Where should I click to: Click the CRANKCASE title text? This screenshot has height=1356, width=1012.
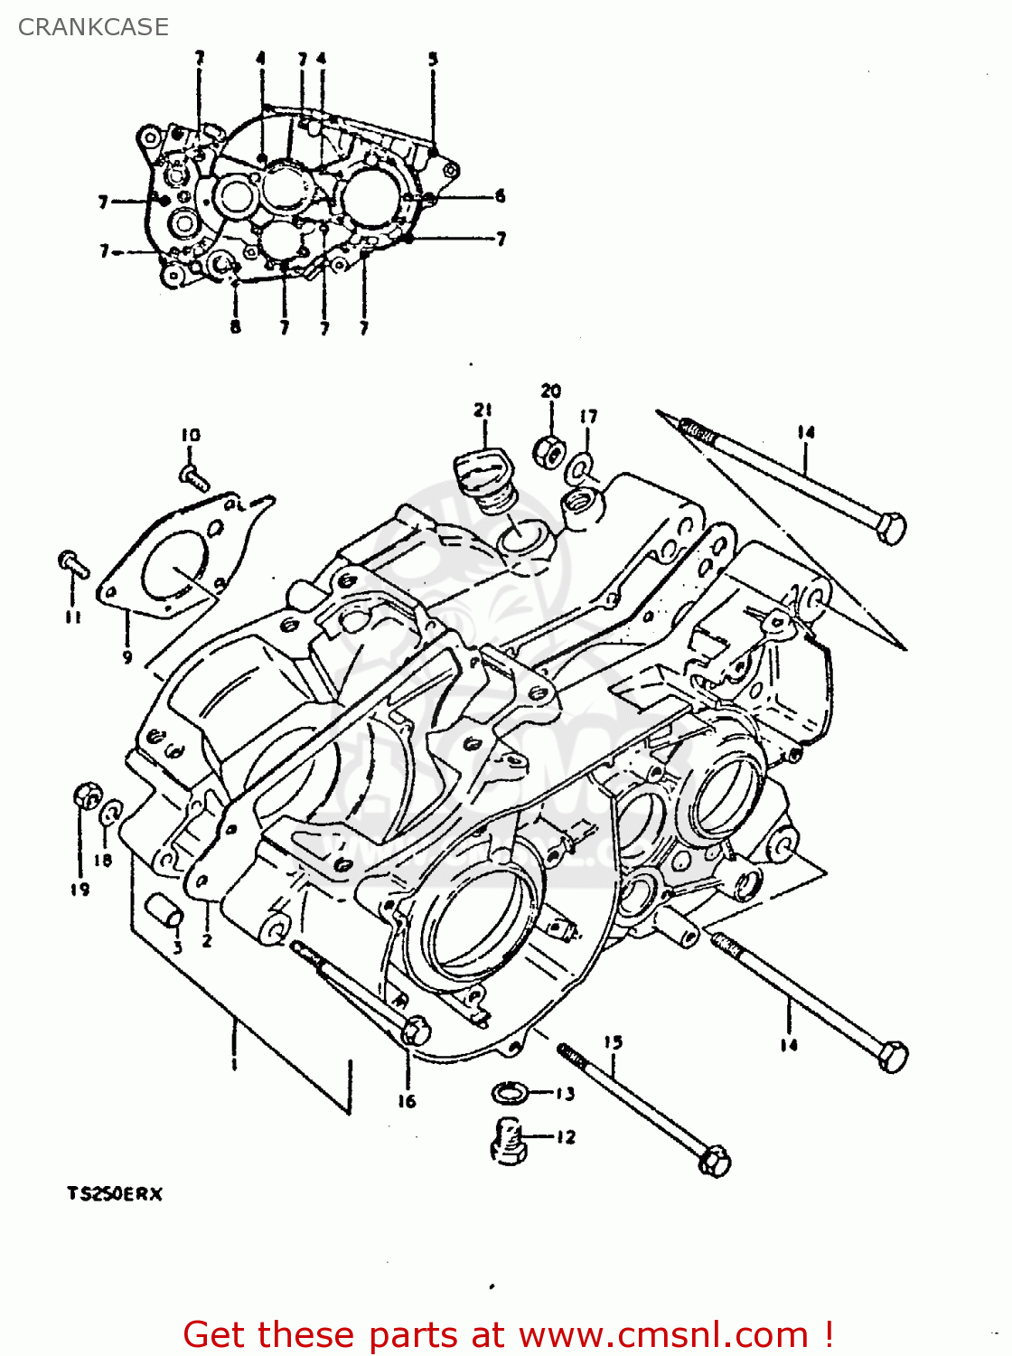(93, 27)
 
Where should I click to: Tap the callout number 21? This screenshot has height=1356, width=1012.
(483, 410)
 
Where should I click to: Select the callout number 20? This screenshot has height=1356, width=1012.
(551, 391)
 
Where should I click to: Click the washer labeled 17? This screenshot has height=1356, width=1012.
(579, 469)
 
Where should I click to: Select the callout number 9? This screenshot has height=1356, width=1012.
(127, 657)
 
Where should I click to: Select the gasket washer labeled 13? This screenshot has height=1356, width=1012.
(510, 1093)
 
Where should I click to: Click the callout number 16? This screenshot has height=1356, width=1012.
(407, 1100)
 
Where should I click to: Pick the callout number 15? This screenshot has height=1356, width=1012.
(614, 1042)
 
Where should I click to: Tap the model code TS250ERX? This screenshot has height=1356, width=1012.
(115, 1193)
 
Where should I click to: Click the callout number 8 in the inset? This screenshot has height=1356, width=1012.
(235, 326)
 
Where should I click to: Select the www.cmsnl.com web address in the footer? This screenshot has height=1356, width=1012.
(665, 1334)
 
